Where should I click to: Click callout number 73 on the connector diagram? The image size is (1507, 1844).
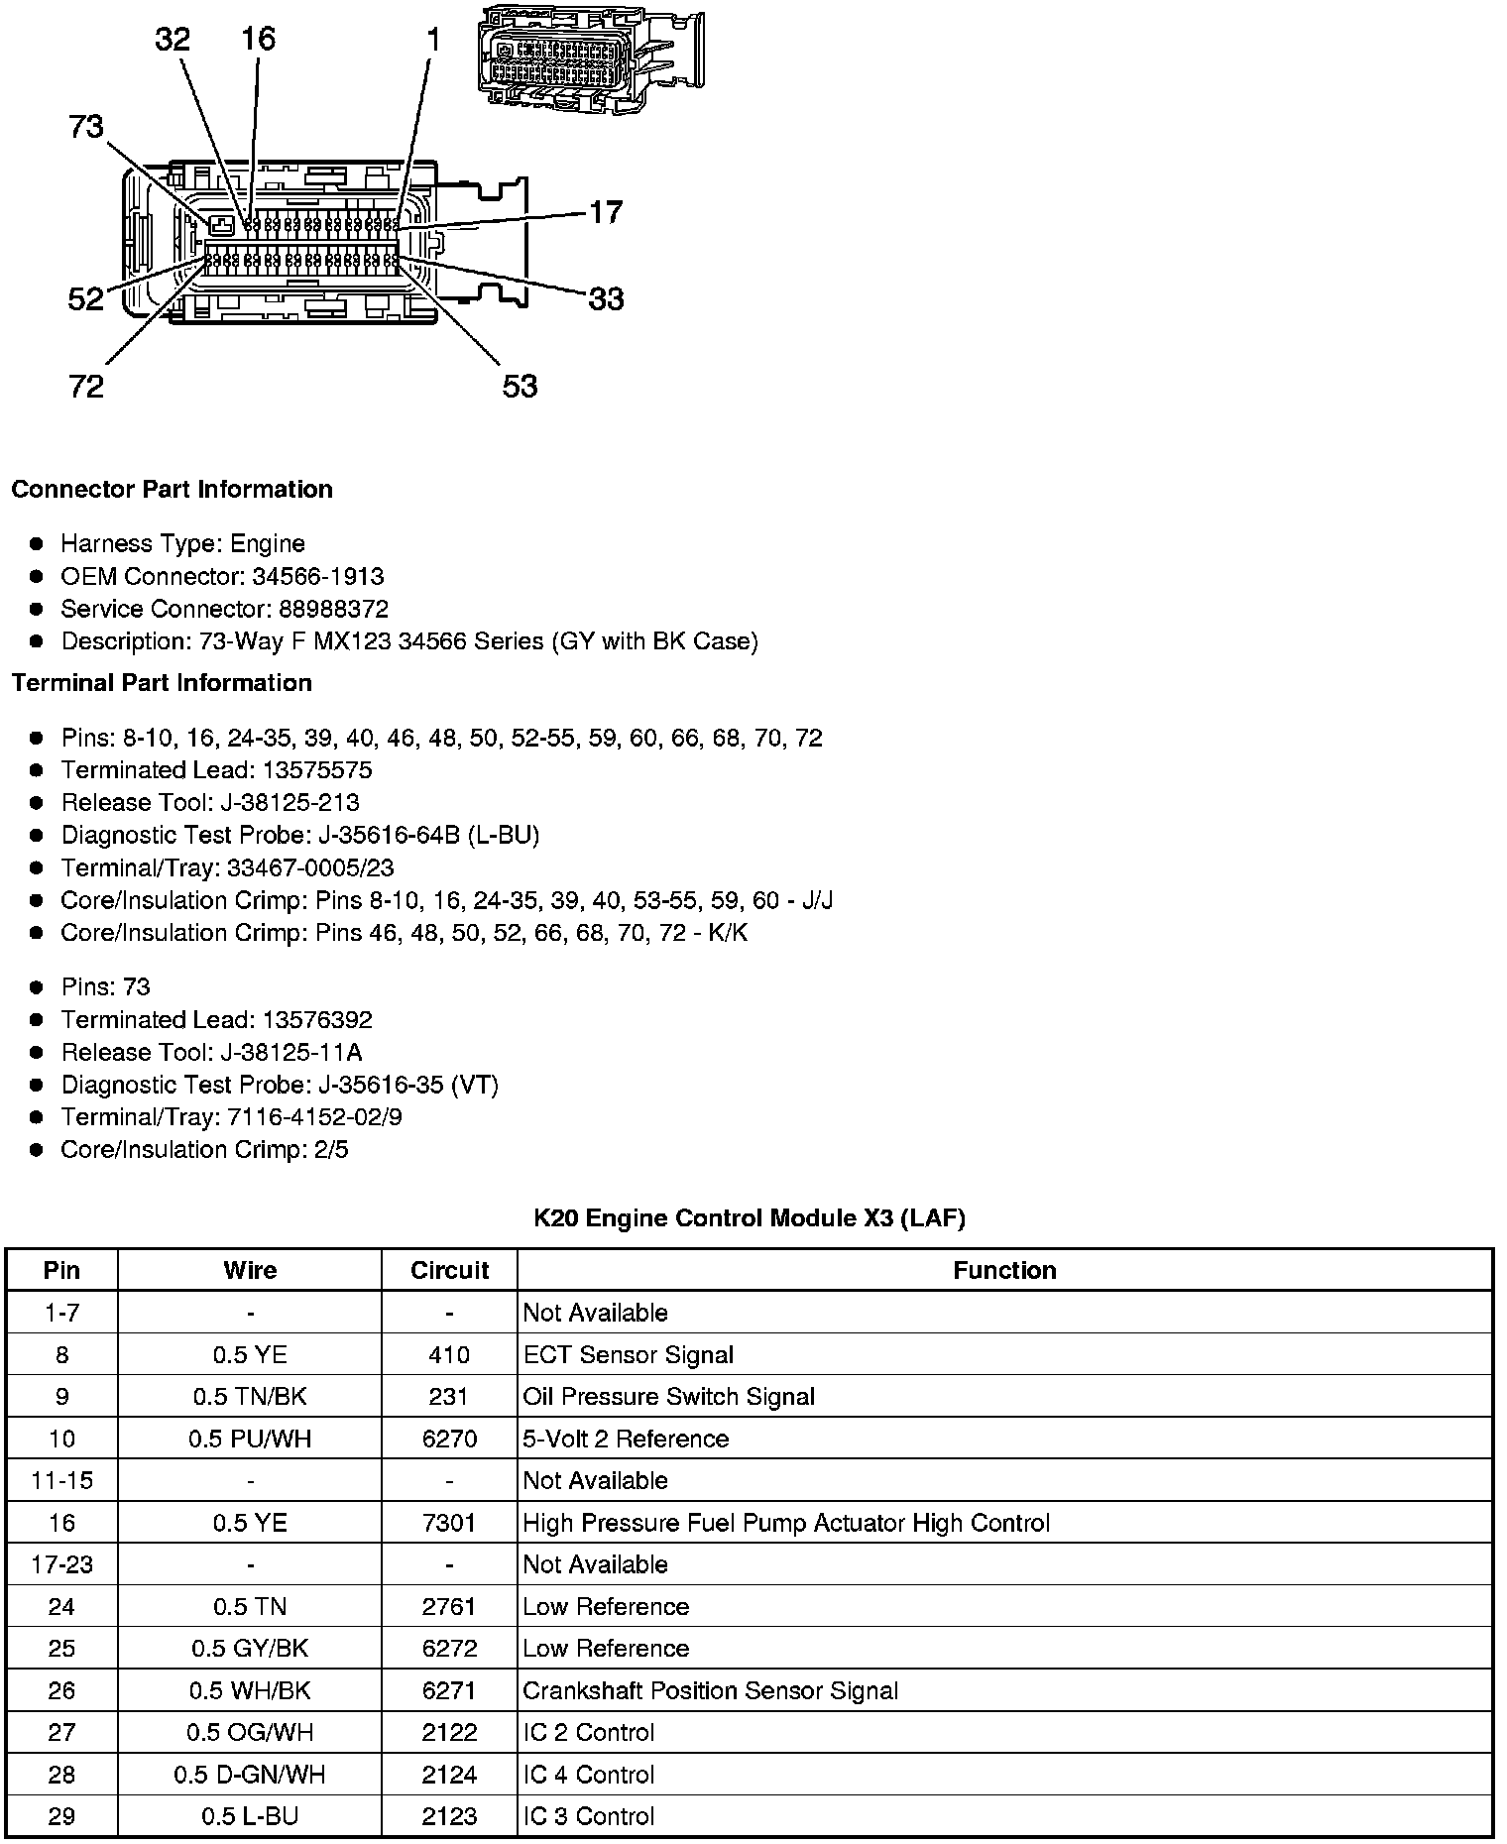click(x=86, y=127)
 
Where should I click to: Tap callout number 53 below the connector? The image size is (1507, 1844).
click(x=520, y=386)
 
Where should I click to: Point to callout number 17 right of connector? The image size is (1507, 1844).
click(x=606, y=212)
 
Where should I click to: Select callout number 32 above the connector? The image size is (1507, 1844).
click(x=173, y=40)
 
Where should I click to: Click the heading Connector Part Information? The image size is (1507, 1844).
click(x=172, y=490)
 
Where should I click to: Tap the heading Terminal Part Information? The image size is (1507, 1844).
click(x=162, y=683)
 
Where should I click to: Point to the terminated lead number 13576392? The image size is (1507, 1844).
click(x=317, y=1020)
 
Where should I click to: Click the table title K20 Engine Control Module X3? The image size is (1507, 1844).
click(x=749, y=1217)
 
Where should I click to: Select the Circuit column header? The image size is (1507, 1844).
click(x=449, y=1271)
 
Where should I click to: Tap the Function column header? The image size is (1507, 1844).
click(x=1004, y=1271)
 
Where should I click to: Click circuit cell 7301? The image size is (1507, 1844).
click(x=449, y=1523)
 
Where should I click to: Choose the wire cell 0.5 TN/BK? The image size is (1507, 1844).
click(x=250, y=1397)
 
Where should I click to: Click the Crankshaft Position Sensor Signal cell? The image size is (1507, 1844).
click(x=710, y=1690)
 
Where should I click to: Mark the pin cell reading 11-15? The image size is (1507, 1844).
click(x=61, y=1480)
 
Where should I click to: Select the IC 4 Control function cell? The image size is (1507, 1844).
click(x=589, y=1775)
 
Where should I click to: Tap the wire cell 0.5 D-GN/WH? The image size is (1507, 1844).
click(x=250, y=1775)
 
